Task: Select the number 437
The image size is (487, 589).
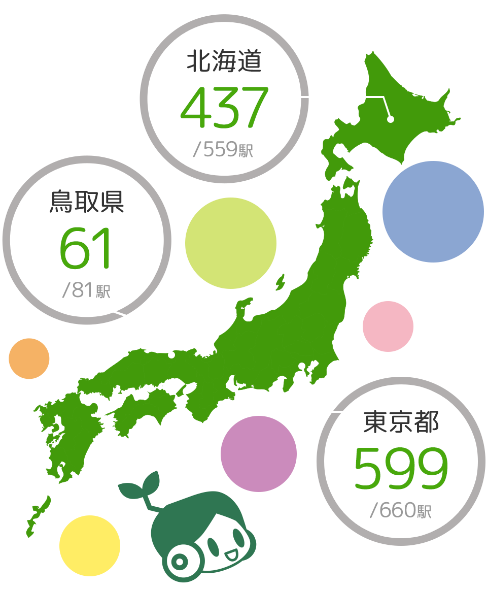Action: click(x=224, y=107)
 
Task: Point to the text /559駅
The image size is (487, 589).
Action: click(x=223, y=150)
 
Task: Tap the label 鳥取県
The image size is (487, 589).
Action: click(x=87, y=202)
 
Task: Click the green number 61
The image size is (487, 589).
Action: click(x=85, y=249)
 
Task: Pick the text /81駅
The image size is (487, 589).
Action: click(x=86, y=291)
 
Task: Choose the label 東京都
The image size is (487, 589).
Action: click(x=401, y=422)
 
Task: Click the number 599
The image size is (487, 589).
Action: click(x=401, y=468)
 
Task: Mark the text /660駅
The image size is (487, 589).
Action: click(x=401, y=510)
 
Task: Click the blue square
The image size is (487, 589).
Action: click(x=433, y=212)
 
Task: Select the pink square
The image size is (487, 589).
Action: click(x=388, y=326)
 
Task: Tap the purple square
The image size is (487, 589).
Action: click(x=259, y=454)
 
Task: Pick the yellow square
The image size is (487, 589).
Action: click(x=89, y=546)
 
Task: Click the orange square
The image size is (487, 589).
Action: click(x=29, y=358)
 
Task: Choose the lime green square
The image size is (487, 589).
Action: click(x=230, y=243)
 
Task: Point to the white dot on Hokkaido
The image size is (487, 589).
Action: click(x=391, y=119)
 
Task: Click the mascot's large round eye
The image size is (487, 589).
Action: click(x=179, y=561)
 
